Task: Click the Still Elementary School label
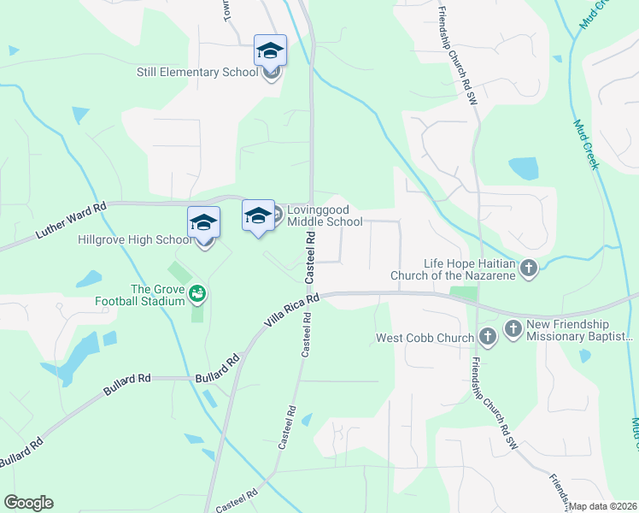[197, 73]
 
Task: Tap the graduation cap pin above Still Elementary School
[270, 52]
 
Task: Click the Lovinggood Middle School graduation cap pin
[258, 217]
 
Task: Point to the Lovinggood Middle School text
[325, 215]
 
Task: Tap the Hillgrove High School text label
[135, 240]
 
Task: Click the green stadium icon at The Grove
[198, 293]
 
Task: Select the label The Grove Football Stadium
[157, 295]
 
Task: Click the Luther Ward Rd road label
[72, 219]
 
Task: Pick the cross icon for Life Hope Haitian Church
[529, 269]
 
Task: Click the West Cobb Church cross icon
[488, 338]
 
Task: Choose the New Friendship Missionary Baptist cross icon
[513, 329]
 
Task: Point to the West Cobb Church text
[425, 339]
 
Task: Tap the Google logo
[28, 503]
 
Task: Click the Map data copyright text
[603, 506]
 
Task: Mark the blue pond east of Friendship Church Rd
[523, 168]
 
